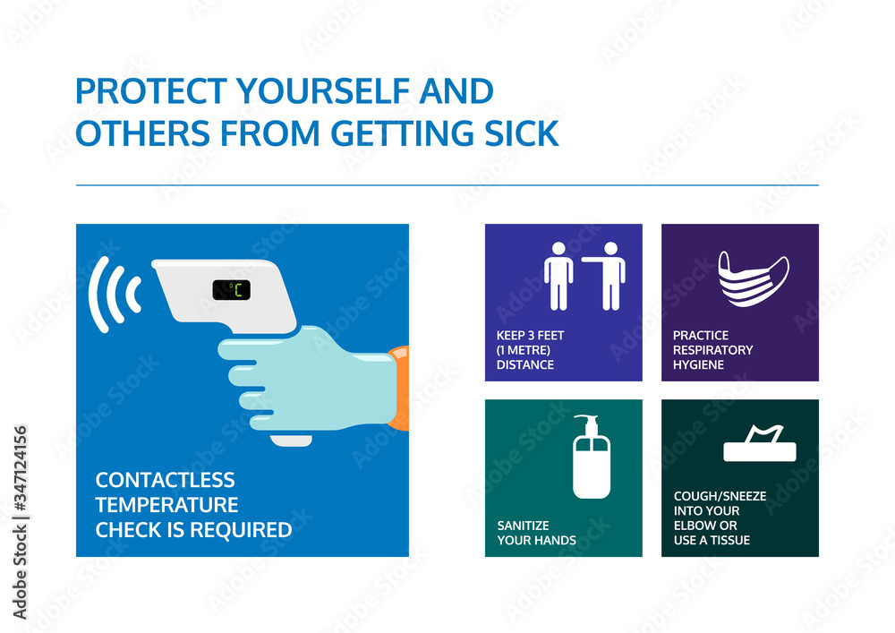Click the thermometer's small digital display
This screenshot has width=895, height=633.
coord(231,289)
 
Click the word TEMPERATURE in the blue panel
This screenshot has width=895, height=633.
coord(166,505)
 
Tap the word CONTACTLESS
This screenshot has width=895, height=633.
coord(165,481)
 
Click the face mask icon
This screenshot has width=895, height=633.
coord(753,278)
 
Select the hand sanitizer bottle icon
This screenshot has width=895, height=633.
coord(591,458)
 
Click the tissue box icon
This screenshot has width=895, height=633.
coord(758,445)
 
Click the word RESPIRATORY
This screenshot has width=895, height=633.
coord(712,350)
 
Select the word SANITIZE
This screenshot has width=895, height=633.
coord(523,526)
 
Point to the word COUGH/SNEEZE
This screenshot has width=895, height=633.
coord(719,496)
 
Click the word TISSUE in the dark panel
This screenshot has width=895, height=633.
coord(731,540)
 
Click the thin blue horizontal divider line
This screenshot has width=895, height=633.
coord(447,185)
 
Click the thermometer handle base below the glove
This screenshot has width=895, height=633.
coord(292,440)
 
